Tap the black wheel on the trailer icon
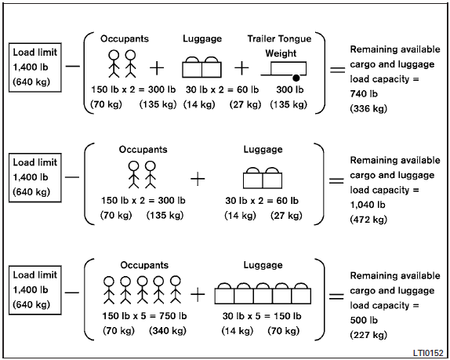tap(296, 78)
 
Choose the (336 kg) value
tap(368, 108)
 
